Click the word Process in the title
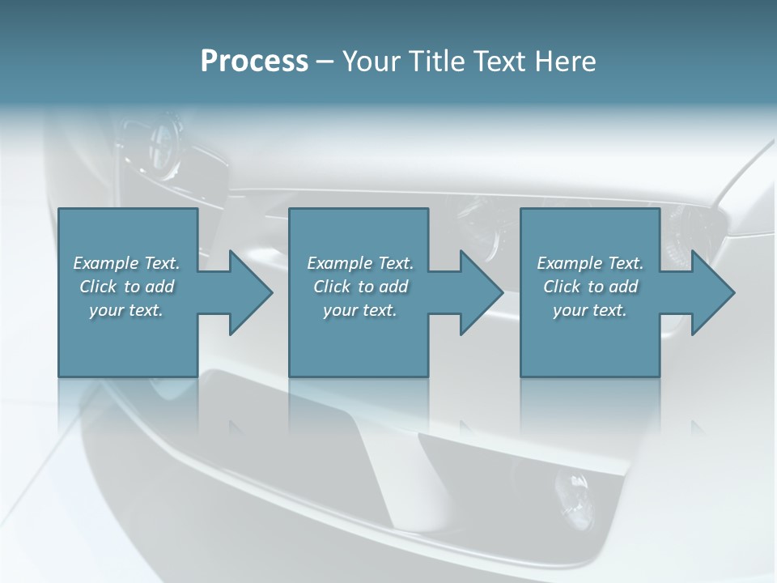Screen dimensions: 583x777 coord(254,62)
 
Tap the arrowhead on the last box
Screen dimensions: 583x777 coord(711,292)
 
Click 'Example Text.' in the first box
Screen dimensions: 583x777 coord(126,263)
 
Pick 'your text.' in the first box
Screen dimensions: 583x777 coord(126,310)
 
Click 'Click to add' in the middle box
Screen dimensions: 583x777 coord(360,287)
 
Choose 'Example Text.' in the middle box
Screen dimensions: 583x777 coord(360,263)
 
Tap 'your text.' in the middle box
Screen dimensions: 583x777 coord(360,310)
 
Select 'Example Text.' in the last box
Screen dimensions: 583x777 coord(590,263)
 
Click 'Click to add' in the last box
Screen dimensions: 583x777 coord(590,287)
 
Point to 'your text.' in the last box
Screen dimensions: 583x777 coord(590,310)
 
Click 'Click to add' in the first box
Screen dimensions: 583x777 coord(126,287)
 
